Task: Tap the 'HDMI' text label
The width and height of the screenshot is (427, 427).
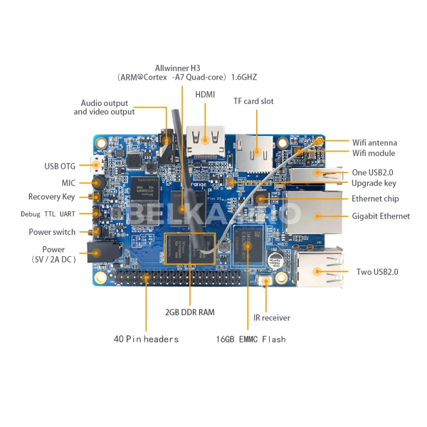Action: coord(206,94)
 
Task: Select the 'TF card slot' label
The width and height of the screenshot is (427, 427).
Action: coord(253,101)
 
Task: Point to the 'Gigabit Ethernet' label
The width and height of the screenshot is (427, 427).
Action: coord(381,216)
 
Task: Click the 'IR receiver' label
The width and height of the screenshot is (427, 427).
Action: coord(272,317)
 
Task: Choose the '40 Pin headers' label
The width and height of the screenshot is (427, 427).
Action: coord(147,339)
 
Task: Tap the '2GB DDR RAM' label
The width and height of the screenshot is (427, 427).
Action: coord(190,312)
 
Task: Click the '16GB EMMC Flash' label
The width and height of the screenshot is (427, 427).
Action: coord(251,339)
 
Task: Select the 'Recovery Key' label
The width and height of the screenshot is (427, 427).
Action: coord(51,196)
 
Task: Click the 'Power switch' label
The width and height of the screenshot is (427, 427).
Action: coord(52,232)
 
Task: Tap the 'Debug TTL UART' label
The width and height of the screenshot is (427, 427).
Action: coord(47,213)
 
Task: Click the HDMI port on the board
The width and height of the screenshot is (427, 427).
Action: coord(204,141)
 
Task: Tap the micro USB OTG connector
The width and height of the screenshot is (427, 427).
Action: coord(100,167)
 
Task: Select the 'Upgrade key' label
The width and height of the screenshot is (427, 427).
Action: coord(374,183)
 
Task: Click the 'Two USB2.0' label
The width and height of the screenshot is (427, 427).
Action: coord(377,272)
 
